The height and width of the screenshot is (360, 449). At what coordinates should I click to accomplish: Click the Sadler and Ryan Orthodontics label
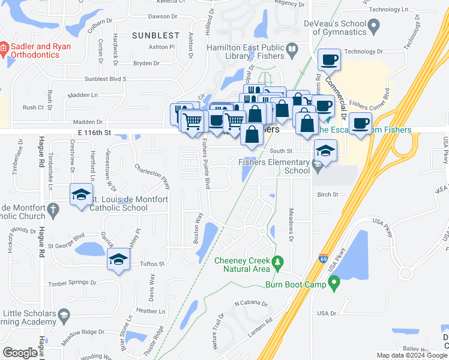point(40,51)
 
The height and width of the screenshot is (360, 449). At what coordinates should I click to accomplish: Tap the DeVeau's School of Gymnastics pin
point(375,26)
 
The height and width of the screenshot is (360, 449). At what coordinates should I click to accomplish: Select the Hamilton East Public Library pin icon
point(292,49)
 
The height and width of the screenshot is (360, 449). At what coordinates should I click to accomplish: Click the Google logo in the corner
point(20,353)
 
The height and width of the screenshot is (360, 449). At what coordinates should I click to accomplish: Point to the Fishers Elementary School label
point(274,166)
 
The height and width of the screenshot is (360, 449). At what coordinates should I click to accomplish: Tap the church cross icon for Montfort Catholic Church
point(53,209)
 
